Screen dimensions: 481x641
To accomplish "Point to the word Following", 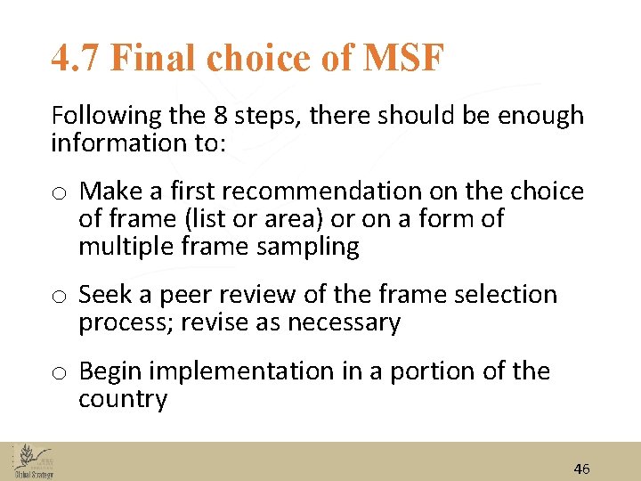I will [x=103, y=116].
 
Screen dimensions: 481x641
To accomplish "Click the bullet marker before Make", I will [x=60, y=193].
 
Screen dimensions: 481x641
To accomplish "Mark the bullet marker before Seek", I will [x=60, y=297].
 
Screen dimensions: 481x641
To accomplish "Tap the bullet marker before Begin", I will [x=60, y=373].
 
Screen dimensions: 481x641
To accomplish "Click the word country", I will [x=123, y=399].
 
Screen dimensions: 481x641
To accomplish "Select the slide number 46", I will [x=581, y=469].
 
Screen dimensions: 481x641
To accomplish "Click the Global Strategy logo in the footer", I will [x=33, y=461].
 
